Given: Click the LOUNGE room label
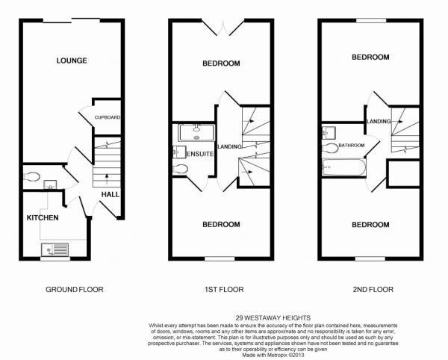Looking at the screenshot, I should click(72, 60).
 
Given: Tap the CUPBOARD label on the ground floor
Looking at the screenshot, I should click(108, 118).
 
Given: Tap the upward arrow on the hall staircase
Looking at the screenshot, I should click(105, 178).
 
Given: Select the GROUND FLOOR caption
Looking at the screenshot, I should click(75, 289).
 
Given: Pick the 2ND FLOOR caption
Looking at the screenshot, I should click(370, 289).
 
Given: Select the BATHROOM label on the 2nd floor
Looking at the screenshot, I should click(350, 146).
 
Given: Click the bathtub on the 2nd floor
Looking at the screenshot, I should click(342, 167).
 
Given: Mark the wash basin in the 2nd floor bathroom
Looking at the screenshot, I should click(326, 134).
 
